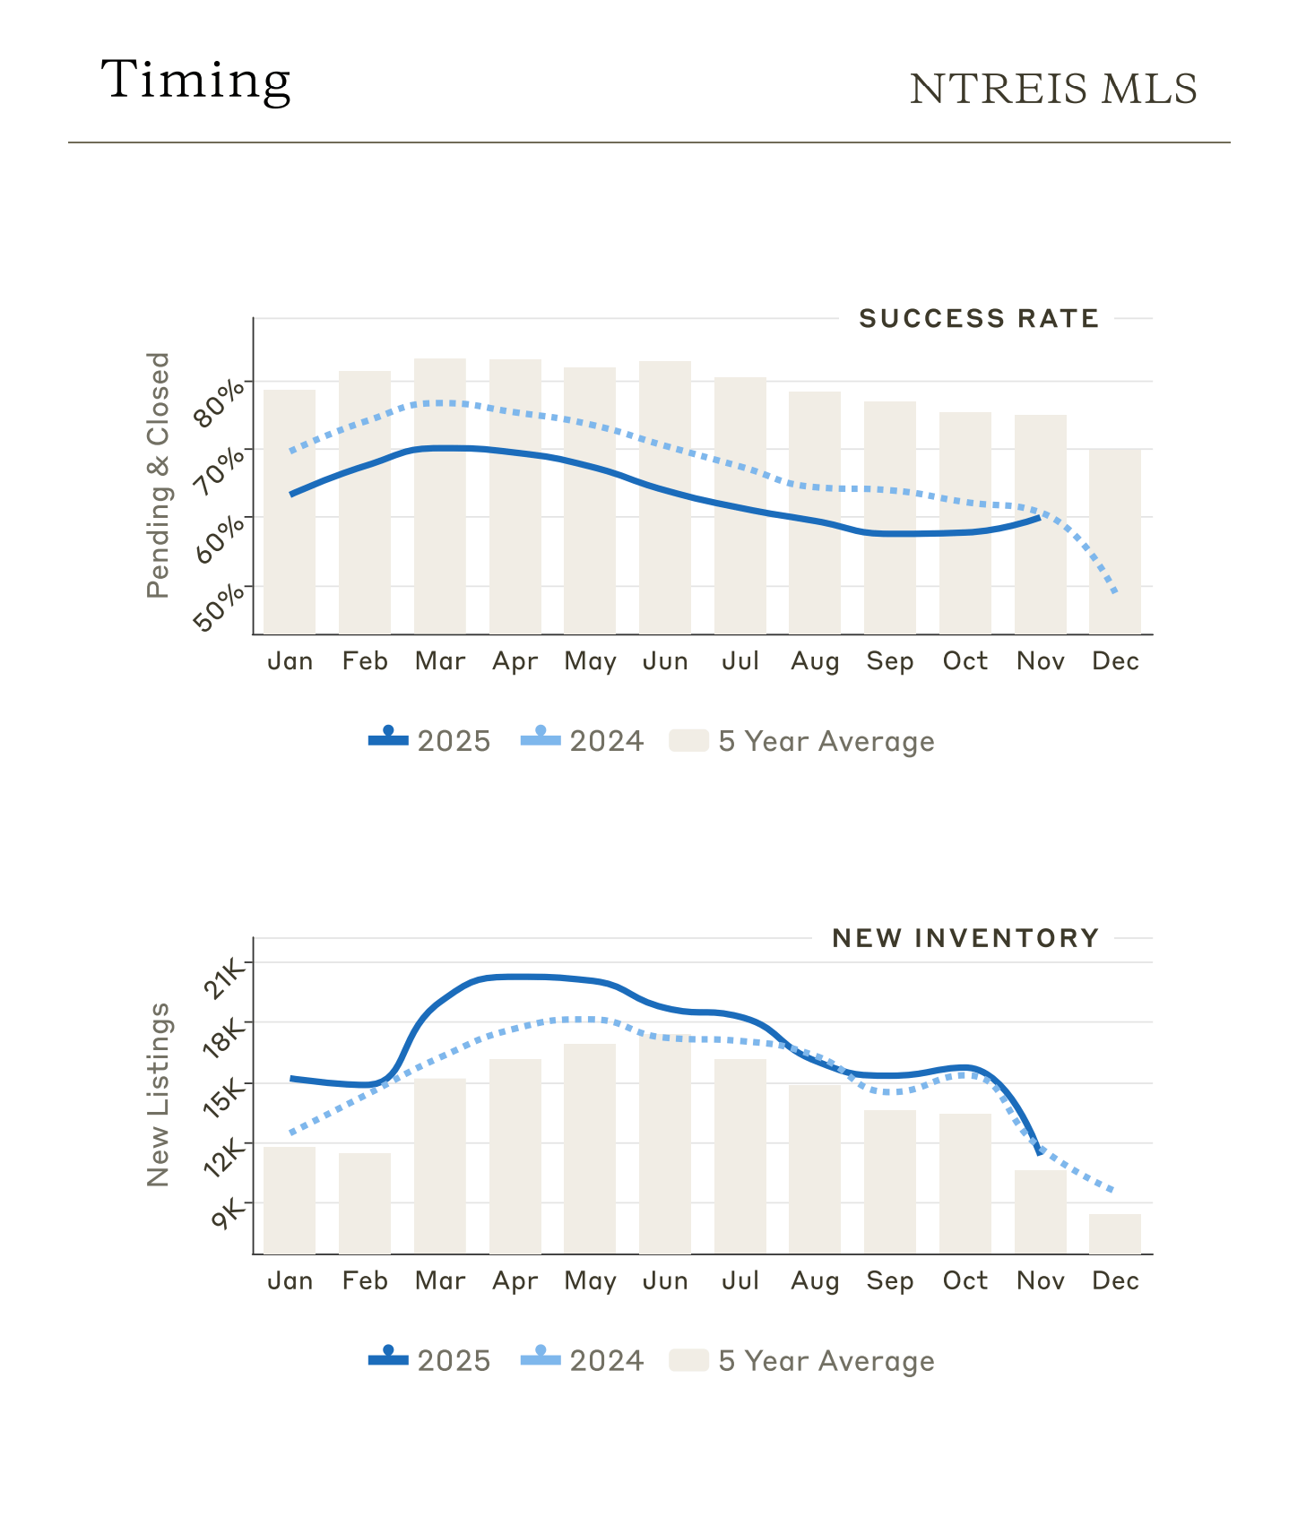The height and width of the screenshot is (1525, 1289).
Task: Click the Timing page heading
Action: (195, 81)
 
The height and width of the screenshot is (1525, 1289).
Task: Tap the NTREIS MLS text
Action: (1053, 89)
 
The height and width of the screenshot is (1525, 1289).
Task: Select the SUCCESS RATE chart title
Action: (979, 319)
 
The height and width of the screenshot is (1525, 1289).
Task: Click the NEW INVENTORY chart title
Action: (965, 938)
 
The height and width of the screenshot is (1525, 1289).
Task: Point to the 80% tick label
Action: (219, 402)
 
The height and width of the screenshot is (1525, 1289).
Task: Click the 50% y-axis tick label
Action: (219, 607)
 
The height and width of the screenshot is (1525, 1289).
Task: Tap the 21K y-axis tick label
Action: (224, 978)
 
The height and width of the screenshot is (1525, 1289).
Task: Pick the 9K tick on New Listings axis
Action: (229, 1215)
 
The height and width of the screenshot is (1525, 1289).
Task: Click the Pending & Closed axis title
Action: (158, 475)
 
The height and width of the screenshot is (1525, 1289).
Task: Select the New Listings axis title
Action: (158, 1095)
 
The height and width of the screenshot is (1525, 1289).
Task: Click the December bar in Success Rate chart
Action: (1115, 541)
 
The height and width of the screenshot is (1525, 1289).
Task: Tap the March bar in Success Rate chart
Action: (440, 496)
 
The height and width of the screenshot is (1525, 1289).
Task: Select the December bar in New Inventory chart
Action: (1115, 1234)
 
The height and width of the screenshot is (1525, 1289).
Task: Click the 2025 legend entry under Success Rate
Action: (430, 741)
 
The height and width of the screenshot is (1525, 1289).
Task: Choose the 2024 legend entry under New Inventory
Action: (583, 1361)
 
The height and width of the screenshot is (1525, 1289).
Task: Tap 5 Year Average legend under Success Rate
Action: (802, 741)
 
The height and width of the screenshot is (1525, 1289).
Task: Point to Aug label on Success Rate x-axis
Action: (815, 662)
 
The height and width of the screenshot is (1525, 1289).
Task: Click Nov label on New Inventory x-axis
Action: (1040, 1281)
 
